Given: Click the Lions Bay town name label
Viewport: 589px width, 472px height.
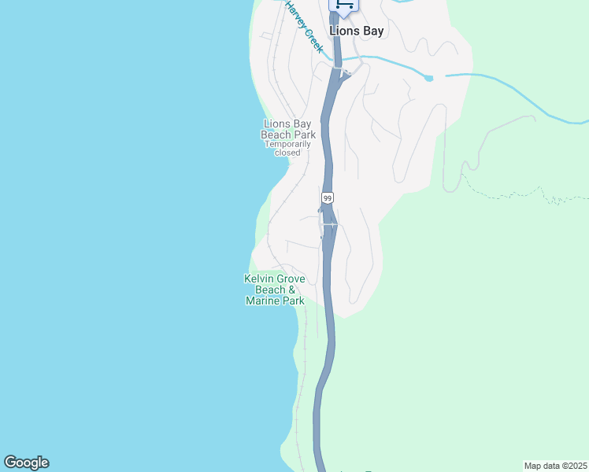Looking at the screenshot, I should click(356, 31).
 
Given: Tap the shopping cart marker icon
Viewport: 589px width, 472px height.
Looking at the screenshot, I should click(343, 5).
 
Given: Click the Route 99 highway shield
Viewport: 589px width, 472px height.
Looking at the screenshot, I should click(328, 197).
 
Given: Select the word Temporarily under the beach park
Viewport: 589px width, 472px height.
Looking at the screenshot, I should click(288, 144).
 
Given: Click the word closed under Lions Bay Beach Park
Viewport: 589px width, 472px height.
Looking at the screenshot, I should click(287, 153).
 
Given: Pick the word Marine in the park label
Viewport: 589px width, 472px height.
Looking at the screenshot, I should click(263, 301).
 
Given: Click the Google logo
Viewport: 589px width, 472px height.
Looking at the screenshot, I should click(26, 463).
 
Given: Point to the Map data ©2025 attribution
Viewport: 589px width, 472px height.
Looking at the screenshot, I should click(555, 466).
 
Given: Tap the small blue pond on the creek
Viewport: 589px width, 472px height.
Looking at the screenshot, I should click(428, 78).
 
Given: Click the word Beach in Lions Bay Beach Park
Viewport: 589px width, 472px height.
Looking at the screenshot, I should click(276, 135).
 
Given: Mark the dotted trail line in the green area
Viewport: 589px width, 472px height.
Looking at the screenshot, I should click(512, 194).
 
